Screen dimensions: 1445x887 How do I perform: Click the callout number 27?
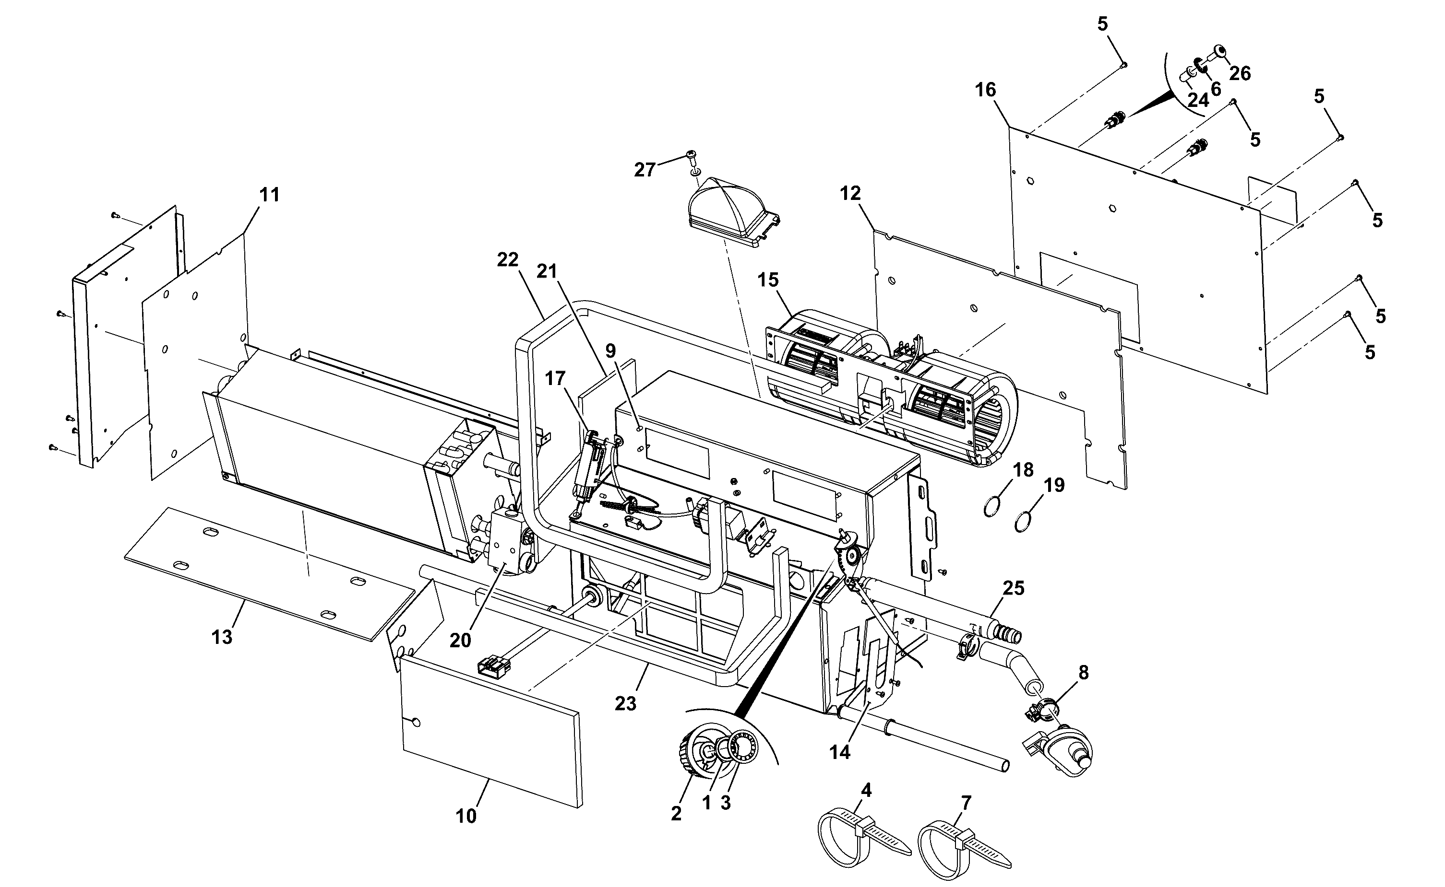pyautogui.click(x=644, y=170)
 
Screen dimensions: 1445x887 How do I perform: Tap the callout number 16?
pyautogui.click(x=986, y=90)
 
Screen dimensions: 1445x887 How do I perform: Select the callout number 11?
pyautogui.click(x=270, y=194)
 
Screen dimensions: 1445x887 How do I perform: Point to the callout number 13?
pyautogui.click(x=222, y=637)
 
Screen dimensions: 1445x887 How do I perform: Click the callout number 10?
pyautogui.click(x=466, y=816)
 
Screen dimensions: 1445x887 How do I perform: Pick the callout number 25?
pyautogui.click(x=1014, y=588)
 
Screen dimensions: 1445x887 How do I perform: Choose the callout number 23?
pyautogui.click(x=626, y=703)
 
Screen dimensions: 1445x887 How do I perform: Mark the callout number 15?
pyautogui.click(x=768, y=280)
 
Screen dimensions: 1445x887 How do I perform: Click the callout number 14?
pyautogui.click(x=840, y=752)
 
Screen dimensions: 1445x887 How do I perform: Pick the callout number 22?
pyautogui.click(x=508, y=259)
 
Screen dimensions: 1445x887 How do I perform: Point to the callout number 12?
pyautogui.click(x=850, y=193)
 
